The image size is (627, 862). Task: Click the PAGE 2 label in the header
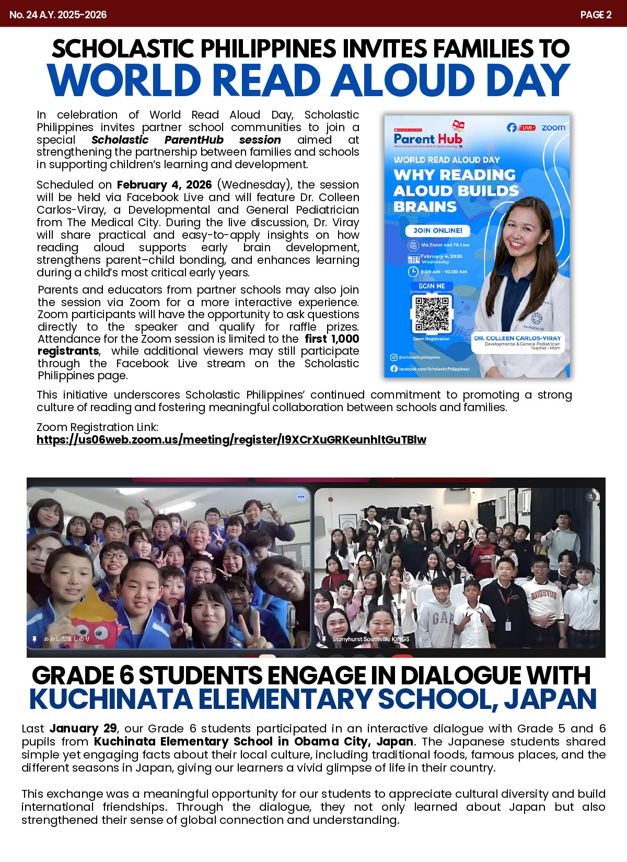pyautogui.click(x=596, y=15)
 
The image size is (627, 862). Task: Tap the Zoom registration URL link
pyautogui.click(x=231, y=440)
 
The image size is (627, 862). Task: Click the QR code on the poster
pyautogui.click(x=432, y=313)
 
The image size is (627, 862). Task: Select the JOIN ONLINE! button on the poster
pyautogui.click(x=437, y=230)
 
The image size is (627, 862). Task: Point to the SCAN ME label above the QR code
pyautogui.click(x=432, y=286)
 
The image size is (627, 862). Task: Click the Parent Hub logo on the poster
pyautogui.click(x=428, y=138)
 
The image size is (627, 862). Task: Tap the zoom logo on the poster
pyautogui.click(x=553, y=127)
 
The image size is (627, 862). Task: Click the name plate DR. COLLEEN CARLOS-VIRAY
pyautogui.click(x=517, y=339)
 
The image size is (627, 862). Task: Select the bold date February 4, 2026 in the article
pyautogui.click(x=164, y=185)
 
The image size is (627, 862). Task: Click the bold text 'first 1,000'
pyautogui.click(x=332, y=339)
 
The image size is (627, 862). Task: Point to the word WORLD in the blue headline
pyautogui.click(x=124, y=81)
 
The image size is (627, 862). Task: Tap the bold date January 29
pyautogui.click(x=83, y=728)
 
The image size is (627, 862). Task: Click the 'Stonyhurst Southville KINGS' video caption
pyautogui.click(x=370, y=639)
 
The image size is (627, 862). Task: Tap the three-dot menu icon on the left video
pyautogui.click(x=301, y=497)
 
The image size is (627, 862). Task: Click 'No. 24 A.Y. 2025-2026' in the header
pyautogui.click(x=58, y=15)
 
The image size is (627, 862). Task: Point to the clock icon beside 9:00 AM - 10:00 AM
pyautogui.click(x=413, y=272)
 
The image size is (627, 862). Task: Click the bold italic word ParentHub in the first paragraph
pyautogui.click(x=194, y=140)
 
